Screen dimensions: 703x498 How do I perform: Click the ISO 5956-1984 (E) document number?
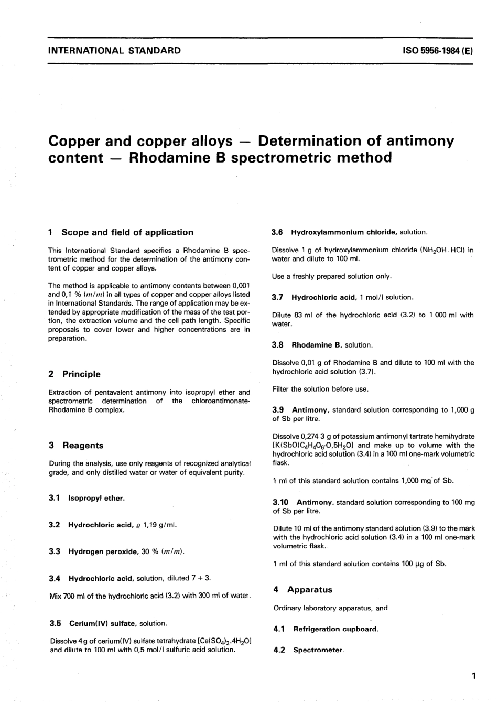point(438,51)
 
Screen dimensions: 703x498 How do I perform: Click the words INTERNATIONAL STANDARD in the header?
point(114,51)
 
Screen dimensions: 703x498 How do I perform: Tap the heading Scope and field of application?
point(127,232)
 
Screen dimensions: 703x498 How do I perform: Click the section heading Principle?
point(81,374)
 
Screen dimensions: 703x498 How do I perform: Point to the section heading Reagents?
point(83,446)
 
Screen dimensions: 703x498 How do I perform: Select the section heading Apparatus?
point(309,590)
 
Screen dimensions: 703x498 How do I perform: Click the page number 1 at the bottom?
point(473,676)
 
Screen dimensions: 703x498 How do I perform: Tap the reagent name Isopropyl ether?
point(96,498)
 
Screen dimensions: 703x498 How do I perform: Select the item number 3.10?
point(281,502)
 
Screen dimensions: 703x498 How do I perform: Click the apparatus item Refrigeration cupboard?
point(335,629)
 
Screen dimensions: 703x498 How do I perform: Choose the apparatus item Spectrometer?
point(318,650)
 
